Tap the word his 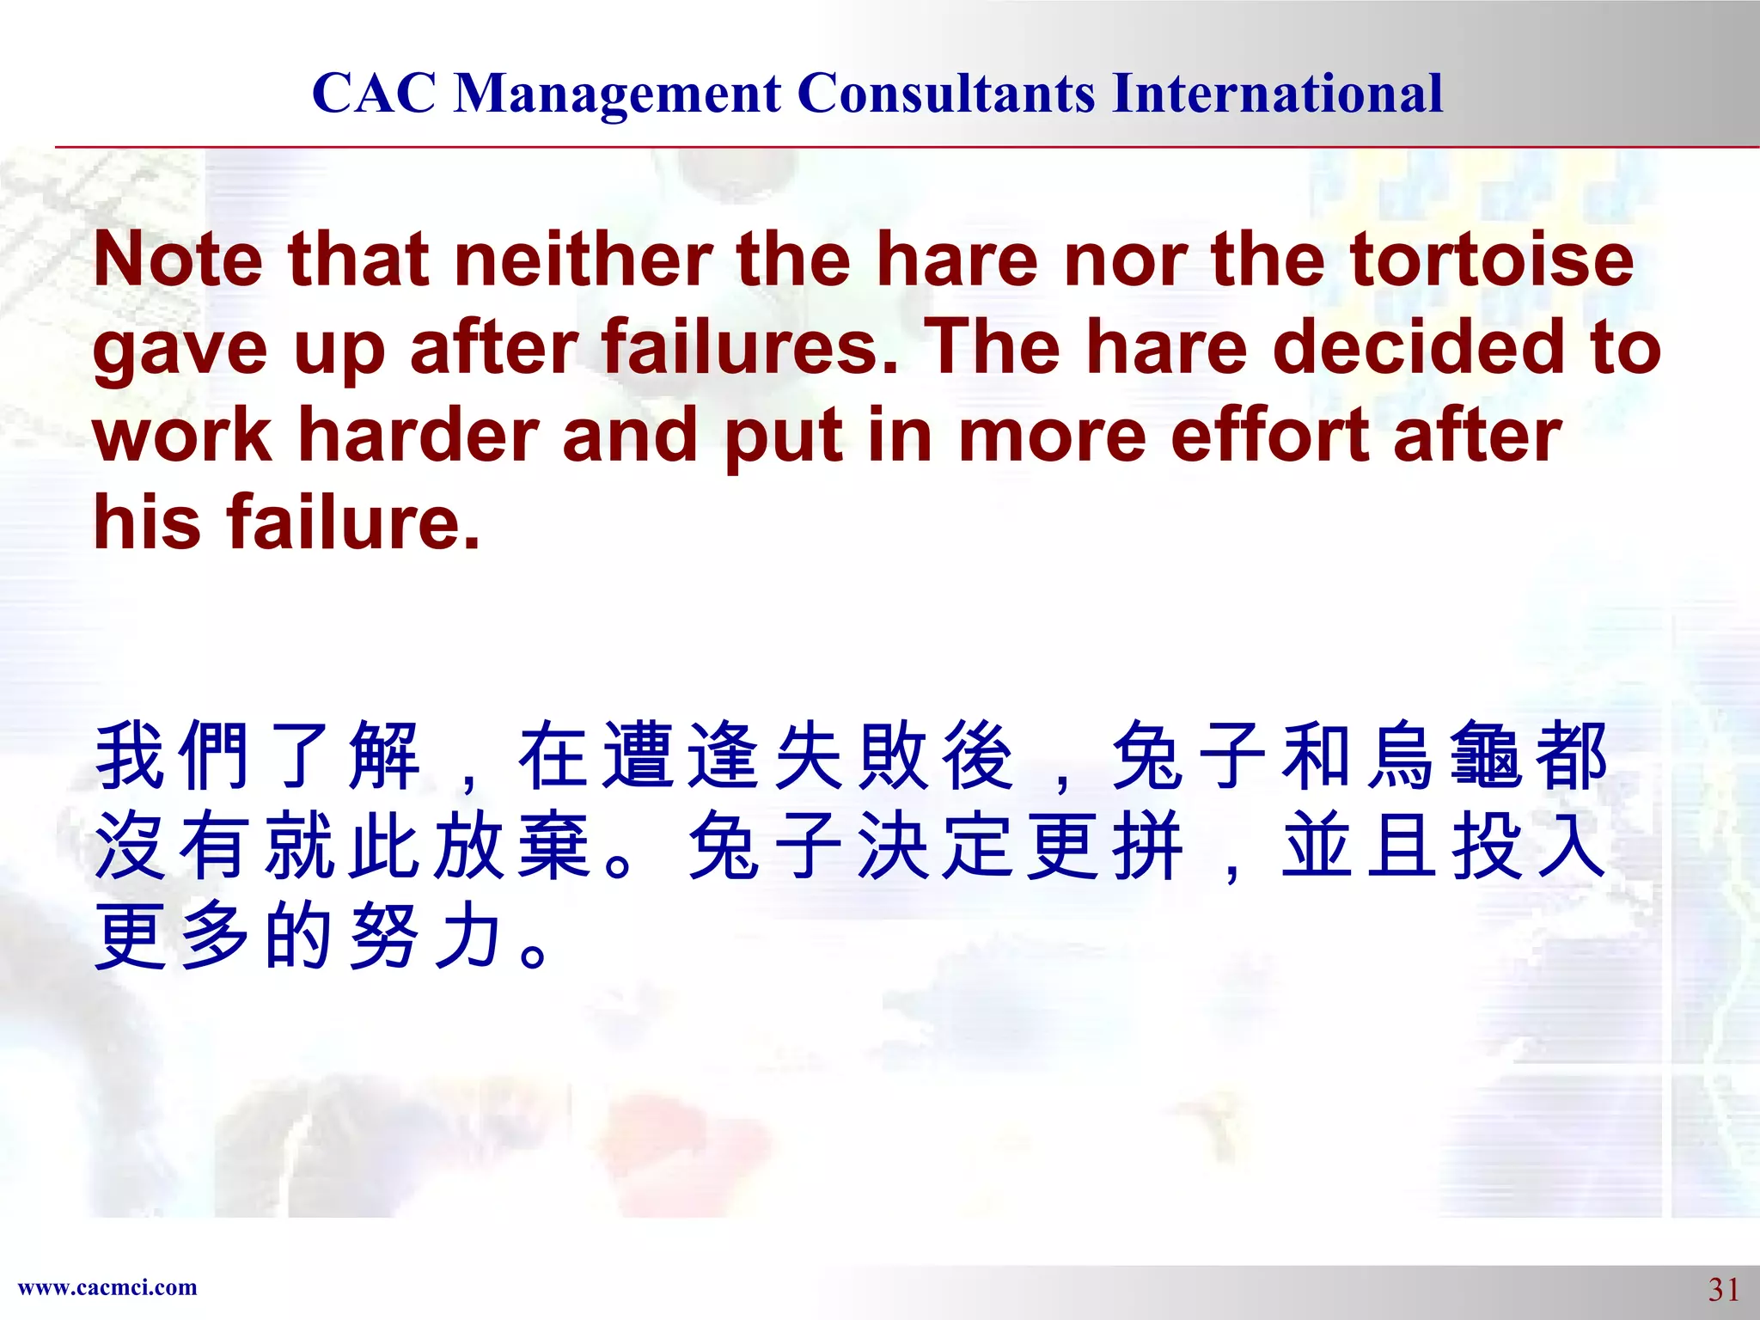[147, 522]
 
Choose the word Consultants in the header [946, 93]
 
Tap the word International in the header [1277, 93]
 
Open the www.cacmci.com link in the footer [107, 1287]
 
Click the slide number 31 [1723, 1290]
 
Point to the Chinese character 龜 [1486, 755]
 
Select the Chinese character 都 [1571, 755]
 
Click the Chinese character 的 [298, 936]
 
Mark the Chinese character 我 [130, 755]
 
